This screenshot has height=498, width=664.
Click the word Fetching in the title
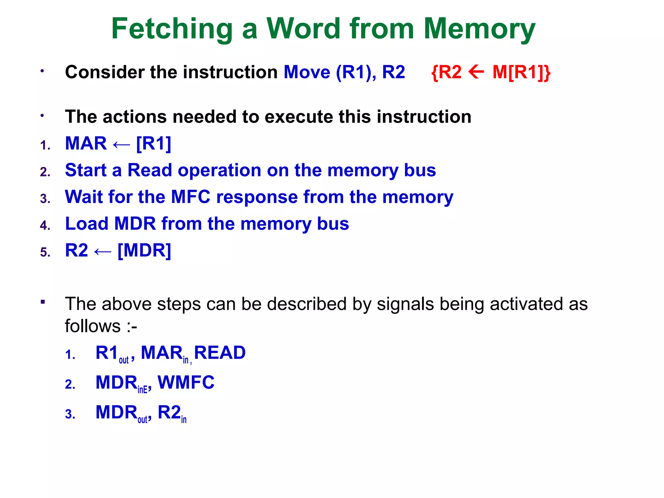point(172,29)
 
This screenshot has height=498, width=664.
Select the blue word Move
point(307,72)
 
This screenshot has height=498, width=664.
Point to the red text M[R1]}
point(521,72)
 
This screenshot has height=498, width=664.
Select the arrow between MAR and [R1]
point(121,144)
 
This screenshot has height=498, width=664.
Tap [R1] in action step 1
point(154,143)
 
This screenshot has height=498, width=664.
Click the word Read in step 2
point(149,170)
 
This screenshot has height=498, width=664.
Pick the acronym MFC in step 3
point(191,197)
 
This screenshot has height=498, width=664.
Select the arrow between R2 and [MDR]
point(102,251)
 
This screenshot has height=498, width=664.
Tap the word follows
point(93,326)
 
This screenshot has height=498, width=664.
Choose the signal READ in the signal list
point(220,353)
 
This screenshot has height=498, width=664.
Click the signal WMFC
point(186,383)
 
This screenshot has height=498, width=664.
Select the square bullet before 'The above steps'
point(42,302)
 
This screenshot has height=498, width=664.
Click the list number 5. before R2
point(45,252)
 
